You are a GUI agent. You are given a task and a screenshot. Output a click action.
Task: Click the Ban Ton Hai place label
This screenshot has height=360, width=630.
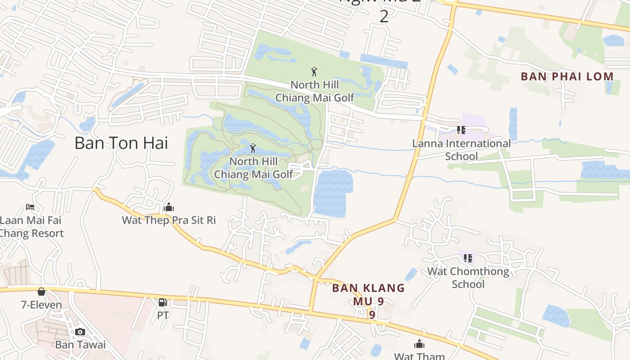pyautogui.click(x=121, y=143)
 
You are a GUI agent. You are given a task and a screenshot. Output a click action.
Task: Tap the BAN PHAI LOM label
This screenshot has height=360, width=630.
pyautogui.click(x=567, y=76)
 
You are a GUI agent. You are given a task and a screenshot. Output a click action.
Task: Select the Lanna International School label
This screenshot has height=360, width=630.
pyautogui.click(x=461, y=150)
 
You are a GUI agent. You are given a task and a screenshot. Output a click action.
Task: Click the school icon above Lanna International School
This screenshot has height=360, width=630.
pyautogui.click(x=461, y=130)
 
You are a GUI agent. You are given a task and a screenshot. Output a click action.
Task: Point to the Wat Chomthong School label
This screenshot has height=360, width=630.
pyautogui.click(x=468, y=278)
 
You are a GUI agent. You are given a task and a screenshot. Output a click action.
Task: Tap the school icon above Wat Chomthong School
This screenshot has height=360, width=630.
pyautogui.click(x=468, y=258)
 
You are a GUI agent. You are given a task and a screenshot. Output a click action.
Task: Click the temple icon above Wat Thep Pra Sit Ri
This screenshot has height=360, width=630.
pyautogui.click(x=169, y=207)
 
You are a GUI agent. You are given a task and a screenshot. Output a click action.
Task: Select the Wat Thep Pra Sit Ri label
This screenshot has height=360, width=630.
pyautogui.click(x=169, y=220)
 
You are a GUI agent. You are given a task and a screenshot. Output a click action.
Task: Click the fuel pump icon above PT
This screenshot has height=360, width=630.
pyautogui.click(x=163, y=302)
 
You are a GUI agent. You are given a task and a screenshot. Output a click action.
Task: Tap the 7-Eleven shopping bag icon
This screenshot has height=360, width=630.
pyautogui.click(x=41, y=292)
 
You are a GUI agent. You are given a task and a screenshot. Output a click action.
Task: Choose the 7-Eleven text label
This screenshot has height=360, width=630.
pyautogui.click(x=41, y=305)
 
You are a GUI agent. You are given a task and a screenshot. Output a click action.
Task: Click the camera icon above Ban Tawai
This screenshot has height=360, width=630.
pyautogui.click(x=80, y=332)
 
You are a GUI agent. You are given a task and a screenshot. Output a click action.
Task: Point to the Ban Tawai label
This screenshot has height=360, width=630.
pyautogui.click(x=80, y=345)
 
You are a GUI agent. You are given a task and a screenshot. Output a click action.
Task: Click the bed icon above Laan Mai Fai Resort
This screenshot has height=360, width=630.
pyautogui.click(x=30, y=207)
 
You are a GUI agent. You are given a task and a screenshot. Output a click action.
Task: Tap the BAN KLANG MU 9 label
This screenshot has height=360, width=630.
pyautogui.click(x=369, y=295)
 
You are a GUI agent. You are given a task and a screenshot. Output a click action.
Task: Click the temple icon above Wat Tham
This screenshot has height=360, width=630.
pyautogui.click(x=419, y=344)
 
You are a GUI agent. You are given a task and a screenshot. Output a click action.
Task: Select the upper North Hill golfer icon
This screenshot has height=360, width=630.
pyautogui.click(x=315, y=71)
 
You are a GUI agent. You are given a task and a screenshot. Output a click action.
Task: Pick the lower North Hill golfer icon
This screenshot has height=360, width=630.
pyautogui.click(x=253, y=148)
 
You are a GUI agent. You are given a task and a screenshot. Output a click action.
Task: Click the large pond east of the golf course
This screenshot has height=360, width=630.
pyautogui.click(x=332, y=192)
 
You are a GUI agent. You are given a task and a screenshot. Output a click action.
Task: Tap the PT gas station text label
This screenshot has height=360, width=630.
pyautogui.click(x=163, y=315)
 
